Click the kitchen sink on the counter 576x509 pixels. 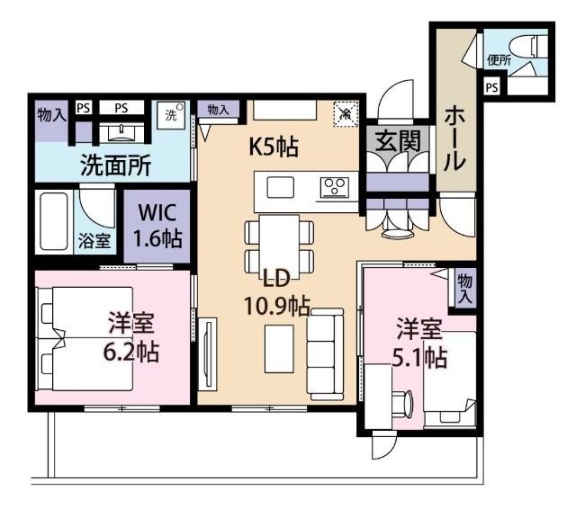pyautogui.click(x=281, y=188)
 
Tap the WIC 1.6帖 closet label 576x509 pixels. pyautogui.click(x=157, y=227)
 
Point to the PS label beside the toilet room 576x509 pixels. pyautogui.click(x=491, y=87)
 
